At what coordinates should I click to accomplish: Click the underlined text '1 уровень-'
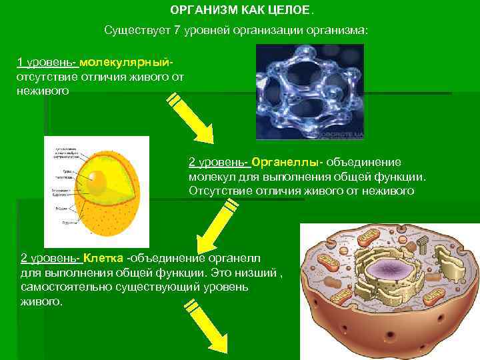pyautogui.click(x=47, y=63)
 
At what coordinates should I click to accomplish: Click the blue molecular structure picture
pyautogui.click(x=309, y=91)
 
